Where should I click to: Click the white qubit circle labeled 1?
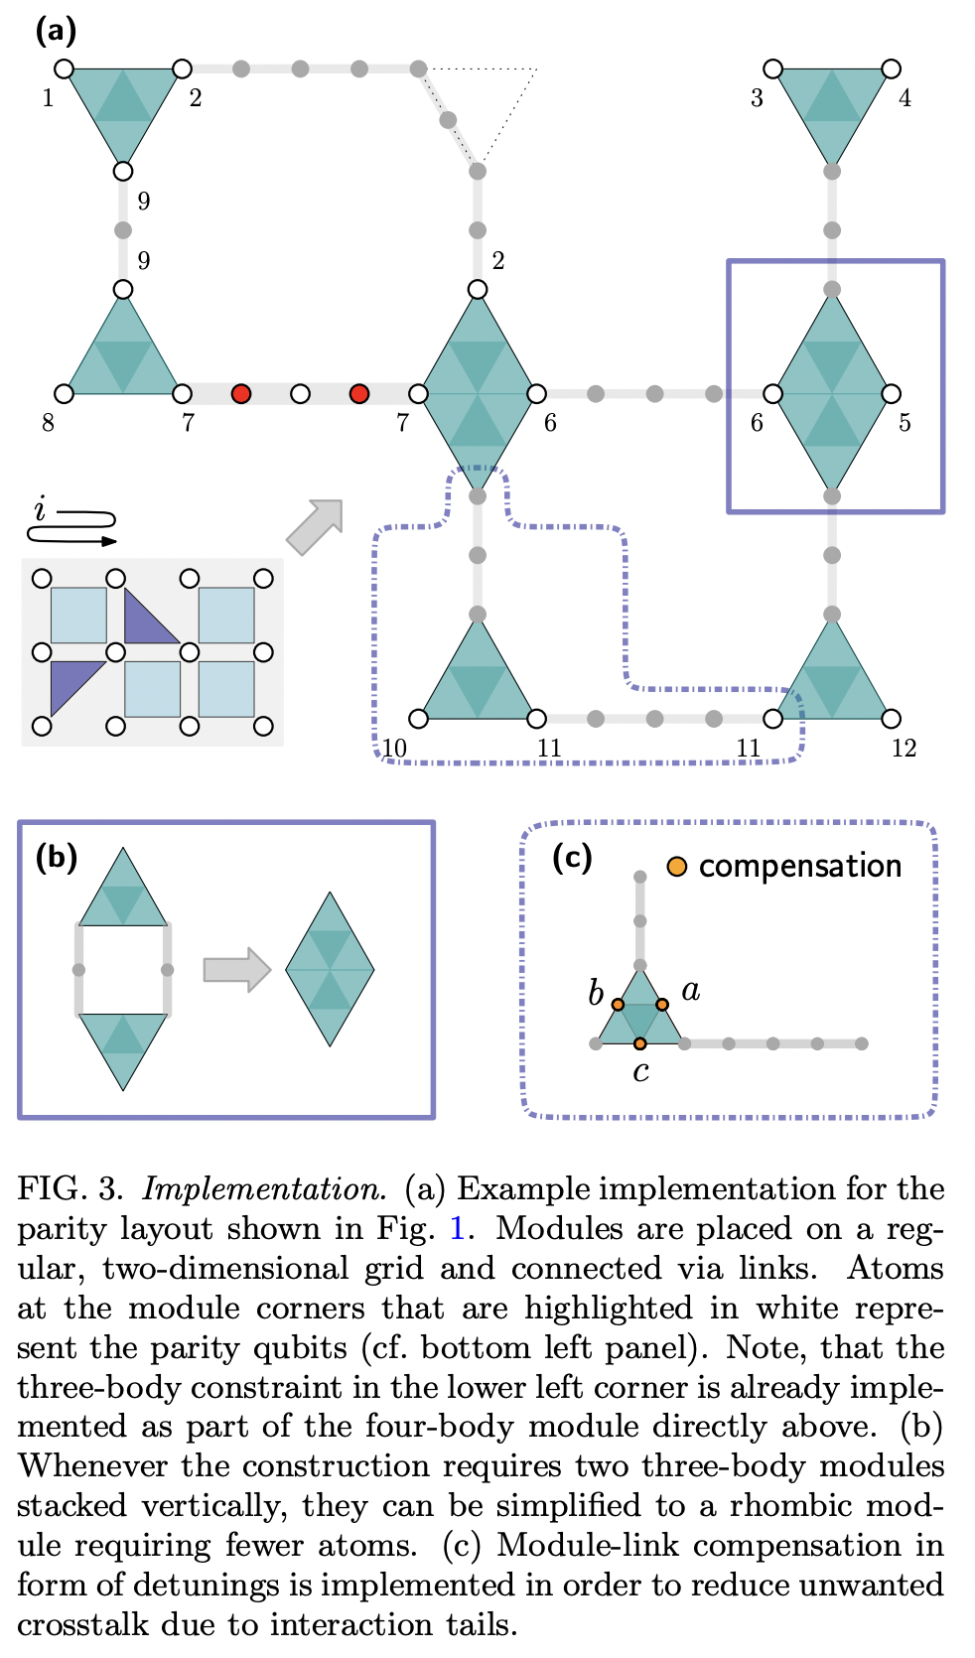coord(64,69)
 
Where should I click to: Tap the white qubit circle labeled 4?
coord(891,69)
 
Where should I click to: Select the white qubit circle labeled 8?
coord(64,394)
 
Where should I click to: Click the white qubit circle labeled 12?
coord(891,718)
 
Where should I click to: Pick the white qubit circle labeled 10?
coord(418,718)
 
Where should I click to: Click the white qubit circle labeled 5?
coord(891,394)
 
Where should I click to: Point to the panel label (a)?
coord(56,30)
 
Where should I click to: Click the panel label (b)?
coord(56,856)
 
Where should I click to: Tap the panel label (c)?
coord(572,856)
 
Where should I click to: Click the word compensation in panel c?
coord(800,866)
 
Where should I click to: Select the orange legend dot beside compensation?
coord(677,867)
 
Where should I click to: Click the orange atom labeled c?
coord(640,1043)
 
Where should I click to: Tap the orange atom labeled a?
coord(662,1005)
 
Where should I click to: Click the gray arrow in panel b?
coord(236,969)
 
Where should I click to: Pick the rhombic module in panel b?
coord(330,969)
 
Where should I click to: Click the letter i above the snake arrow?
coord(40,509)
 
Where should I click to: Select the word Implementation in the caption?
coord(264,1188)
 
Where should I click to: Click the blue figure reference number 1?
coord(457,1229)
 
